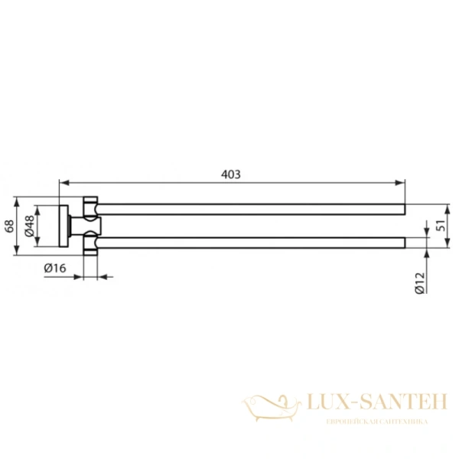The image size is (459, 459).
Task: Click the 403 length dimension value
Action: click(x=232, y=174)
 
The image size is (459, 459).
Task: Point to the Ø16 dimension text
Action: click(x=54, y=268)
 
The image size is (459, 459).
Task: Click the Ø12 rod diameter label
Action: click(x=419, y=284)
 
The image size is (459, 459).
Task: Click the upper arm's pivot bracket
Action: click(x=92, y=208)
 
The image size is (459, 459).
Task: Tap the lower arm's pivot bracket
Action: click(x=92, y=243)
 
